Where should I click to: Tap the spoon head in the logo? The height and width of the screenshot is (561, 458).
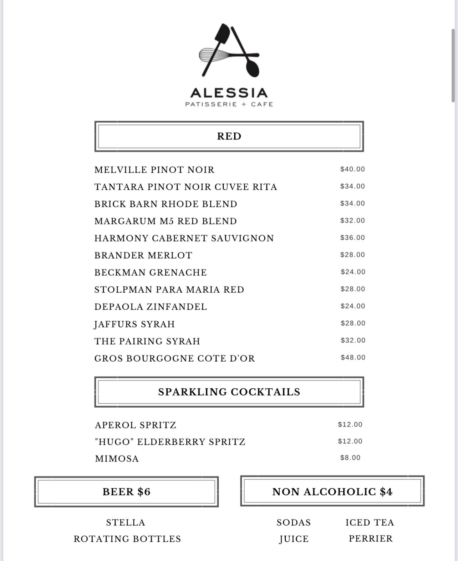click(x=252, y=68)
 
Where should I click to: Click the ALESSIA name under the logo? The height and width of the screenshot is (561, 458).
click(x=229, y=93)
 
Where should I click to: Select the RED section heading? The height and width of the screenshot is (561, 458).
click(x=229, y=136)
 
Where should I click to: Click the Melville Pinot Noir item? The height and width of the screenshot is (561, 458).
click(x=154, y=170)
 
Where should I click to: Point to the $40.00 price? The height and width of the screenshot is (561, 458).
click(x=352, y=169)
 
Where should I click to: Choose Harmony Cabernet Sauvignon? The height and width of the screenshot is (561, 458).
click(x=184, y=238)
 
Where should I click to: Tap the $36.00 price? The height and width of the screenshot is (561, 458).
click(x=352, y=238)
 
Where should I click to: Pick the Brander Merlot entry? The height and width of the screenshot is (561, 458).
click(x=143, y=255)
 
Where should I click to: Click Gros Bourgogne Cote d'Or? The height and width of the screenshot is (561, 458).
click(x=175, y=358)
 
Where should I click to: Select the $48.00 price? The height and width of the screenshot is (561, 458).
click(x=353, y=357)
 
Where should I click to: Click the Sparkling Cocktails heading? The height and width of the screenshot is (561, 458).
click(x=229, y=392)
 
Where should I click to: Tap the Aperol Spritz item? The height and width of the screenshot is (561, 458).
click(x=136, y=425)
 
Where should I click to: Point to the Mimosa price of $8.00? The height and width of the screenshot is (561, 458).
click(x=350, y=458)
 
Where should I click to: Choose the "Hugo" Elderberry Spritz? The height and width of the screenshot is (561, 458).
click(x=170, y=442)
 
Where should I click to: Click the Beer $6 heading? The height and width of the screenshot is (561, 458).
click(x=126, y=492)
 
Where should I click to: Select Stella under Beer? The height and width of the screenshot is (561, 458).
click(x=126, y=522)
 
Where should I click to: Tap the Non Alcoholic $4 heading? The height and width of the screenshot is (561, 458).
click(x=332, y=492)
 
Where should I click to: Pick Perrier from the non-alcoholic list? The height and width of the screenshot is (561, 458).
click(x=371, y=539)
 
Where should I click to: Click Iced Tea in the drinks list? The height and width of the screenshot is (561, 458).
click(x=370, y=522)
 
